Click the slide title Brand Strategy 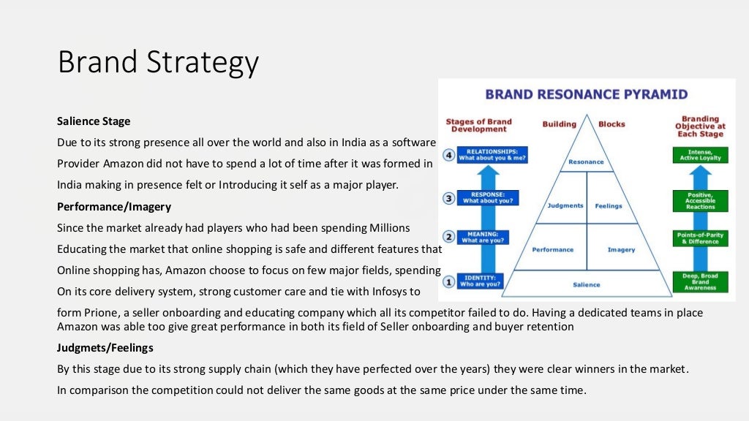(158, 62)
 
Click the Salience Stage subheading (94, 121)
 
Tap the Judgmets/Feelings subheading (105, 347)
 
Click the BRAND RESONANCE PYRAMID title (587, 94)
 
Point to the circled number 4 (450, 155)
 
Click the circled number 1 (450, 281)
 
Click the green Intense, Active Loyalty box (700, 155)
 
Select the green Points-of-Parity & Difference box (700, 238)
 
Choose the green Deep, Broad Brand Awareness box (700, 281)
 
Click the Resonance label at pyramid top (586, 162)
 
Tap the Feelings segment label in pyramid (608, 206)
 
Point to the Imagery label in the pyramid (621, 250)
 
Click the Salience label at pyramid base (586, 284)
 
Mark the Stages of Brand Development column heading (479, 125)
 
